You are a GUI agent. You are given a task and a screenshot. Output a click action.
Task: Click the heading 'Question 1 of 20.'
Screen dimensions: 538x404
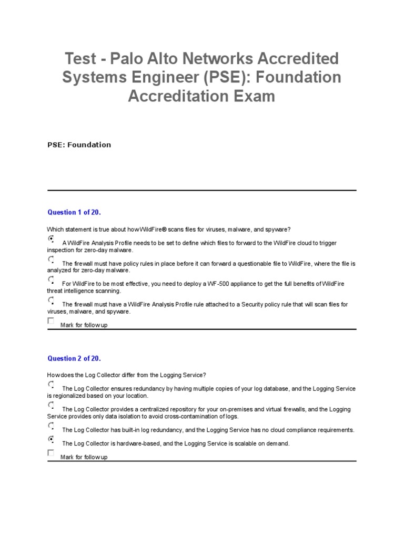point(74,212)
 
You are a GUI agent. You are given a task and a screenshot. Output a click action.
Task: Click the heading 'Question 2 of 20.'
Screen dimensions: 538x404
point(74,358)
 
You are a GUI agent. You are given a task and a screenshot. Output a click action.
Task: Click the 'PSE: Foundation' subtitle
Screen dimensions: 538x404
point(79,144)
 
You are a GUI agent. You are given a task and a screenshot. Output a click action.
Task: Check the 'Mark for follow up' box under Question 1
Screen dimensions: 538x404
point(51,321)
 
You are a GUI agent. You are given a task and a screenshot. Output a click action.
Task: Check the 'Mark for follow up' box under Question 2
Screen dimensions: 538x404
point(51,453)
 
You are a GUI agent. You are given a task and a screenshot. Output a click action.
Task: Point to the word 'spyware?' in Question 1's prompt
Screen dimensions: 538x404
point(277,230)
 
